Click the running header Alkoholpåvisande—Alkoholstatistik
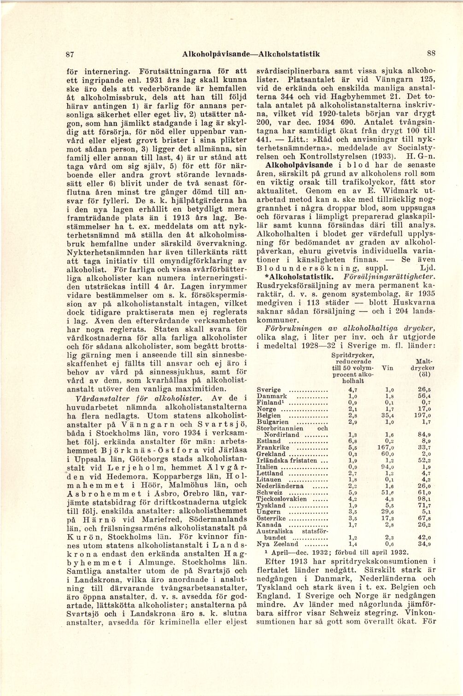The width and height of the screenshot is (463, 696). tap(251, 54)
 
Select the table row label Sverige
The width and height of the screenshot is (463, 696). tap(269, 389)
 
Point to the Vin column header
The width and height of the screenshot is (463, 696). tap(390, 368)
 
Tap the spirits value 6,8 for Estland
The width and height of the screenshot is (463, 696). tap(353, 441)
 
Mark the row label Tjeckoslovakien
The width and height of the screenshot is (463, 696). tap(281, 499)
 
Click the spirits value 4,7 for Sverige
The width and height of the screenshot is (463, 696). tap(353, 389)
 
